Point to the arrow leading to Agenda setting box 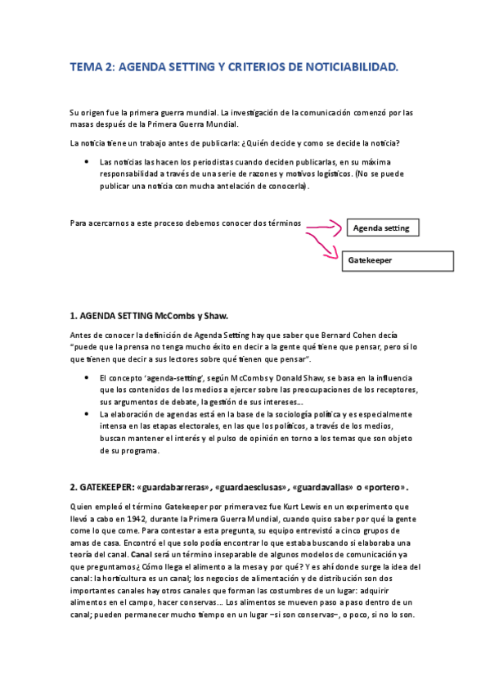tap(325, 225)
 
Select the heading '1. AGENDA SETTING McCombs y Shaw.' tap(149, 315)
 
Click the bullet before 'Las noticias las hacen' tap(86, 162)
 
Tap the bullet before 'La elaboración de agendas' tap(86, 414)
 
